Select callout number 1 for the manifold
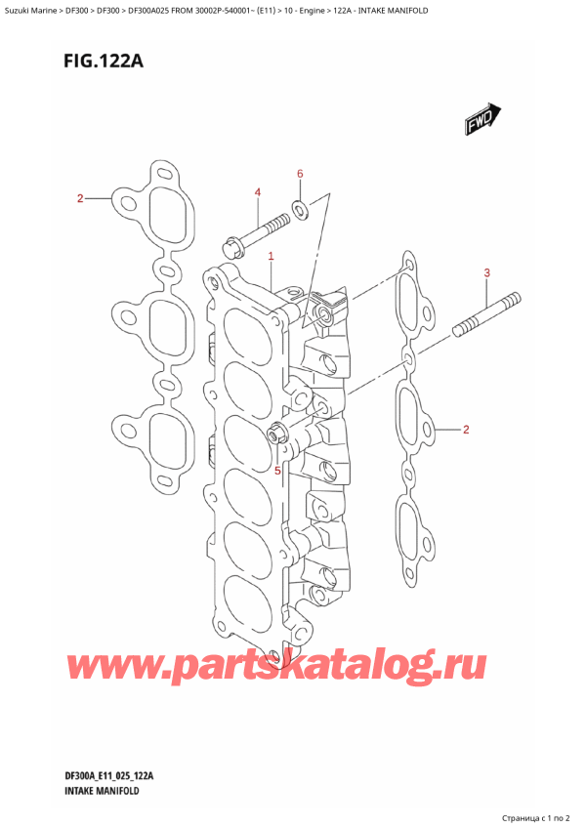[271, 256]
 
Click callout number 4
[258, 192]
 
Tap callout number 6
[300, 174]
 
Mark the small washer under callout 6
[300, 207]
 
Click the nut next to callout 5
[275, 434]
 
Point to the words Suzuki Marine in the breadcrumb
[30, 9]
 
